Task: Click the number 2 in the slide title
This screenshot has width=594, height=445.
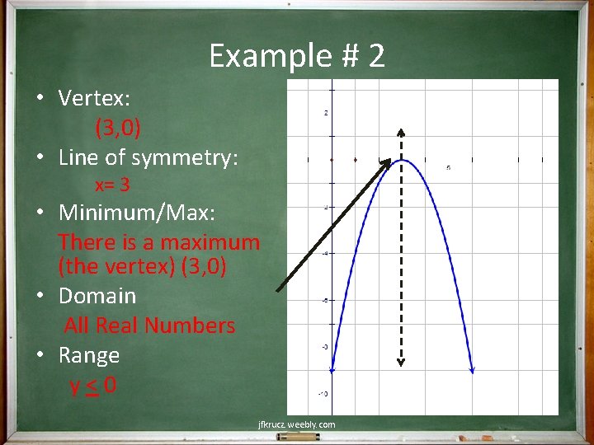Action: click(x=376, y=56)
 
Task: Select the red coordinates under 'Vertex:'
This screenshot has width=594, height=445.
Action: click(x=118, y=128)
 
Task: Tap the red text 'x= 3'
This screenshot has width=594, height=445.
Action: click(x=112, y=185)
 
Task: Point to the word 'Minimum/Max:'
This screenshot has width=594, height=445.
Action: click(x=137, y=213)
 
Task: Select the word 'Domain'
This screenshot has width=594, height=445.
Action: click(x=97, y=295)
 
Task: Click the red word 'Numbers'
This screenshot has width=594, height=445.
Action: click(x=193, y=326)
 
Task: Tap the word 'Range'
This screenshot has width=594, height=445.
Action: click(x=89, y=355)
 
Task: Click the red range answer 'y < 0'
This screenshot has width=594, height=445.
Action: click(x=93, y=385)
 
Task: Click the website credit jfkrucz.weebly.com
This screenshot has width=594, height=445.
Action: click(x=296, y=424)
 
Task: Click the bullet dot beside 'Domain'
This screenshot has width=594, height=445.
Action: click(x=40, y=295)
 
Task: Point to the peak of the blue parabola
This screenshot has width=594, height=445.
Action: click(x=401, y=160)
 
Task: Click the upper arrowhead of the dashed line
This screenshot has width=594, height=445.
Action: click(x=401, y=132)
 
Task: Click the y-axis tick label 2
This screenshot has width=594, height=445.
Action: click(x=328, y=113)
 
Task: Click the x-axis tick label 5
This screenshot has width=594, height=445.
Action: click(x=448, y=168)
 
